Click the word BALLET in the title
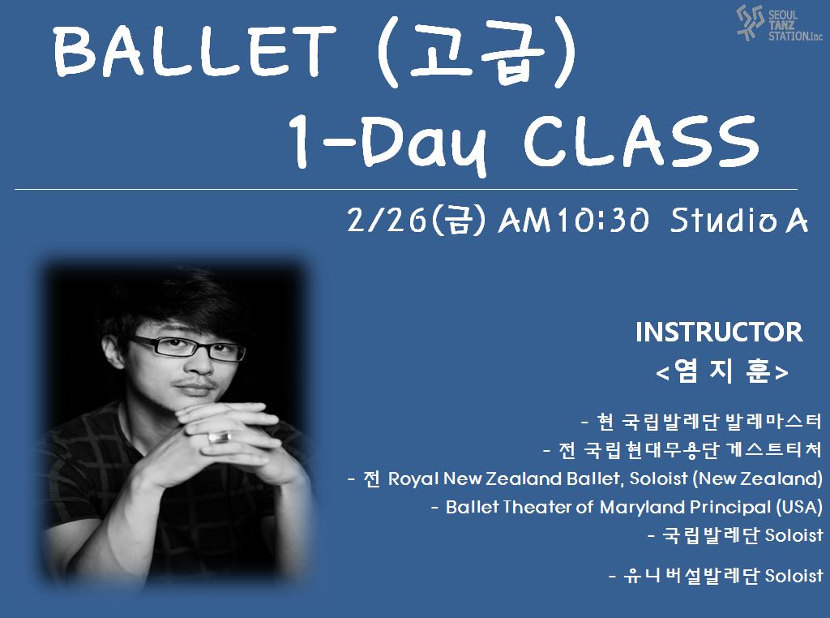196,51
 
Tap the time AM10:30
573,221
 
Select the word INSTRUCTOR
719,332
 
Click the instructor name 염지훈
722,371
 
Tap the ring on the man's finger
220,437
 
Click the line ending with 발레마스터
701,422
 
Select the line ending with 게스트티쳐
682,450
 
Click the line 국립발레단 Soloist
735,535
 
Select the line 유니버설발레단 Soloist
716,575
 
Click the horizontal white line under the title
405,189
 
